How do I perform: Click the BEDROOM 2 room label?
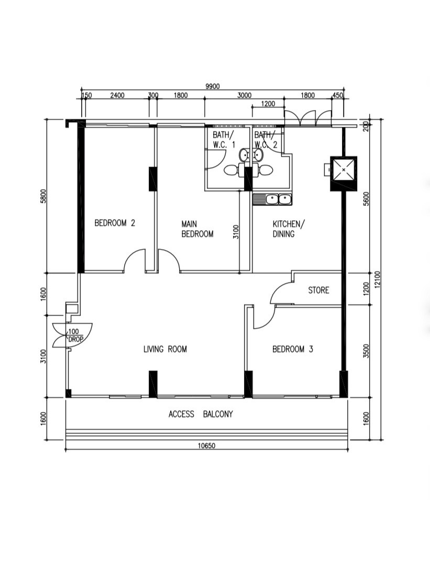tap(115, 223)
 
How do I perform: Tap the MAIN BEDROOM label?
tap(197, 229)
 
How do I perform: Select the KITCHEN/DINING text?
tap(288, 229)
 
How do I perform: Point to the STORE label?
tap(318, 290)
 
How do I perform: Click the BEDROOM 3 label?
tap(292, 349)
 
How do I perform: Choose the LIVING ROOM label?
tap(165, 349)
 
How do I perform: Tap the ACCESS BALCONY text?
tap(201, 414)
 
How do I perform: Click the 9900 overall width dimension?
tap(212, 87)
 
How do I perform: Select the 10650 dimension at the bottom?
tap(207, 446)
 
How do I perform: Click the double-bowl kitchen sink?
tap(272, 199)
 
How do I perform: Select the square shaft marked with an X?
tap(343, 169)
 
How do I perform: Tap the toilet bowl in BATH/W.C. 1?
tap(231, 170)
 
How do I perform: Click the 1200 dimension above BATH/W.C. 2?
tap(268, 104)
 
